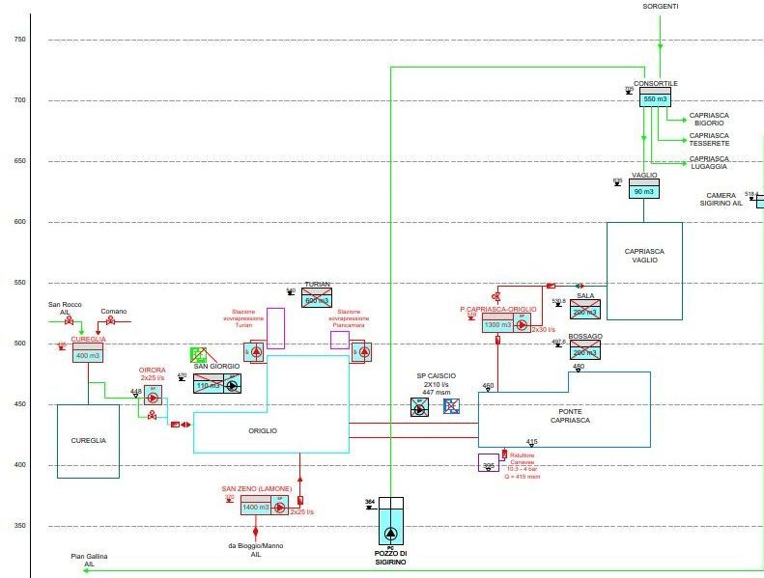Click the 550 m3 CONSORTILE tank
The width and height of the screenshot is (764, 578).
tap(656, 98)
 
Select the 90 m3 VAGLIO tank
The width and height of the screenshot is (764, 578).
tap(644, 191)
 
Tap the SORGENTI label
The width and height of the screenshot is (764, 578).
tap(661, 7)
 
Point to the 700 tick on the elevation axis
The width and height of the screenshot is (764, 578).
tap(19, 100)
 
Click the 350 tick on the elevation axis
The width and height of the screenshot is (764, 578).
tap(19, 526)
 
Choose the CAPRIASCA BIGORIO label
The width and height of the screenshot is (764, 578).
tap(709, 119)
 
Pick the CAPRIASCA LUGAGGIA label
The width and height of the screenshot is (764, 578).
tap(709, 162)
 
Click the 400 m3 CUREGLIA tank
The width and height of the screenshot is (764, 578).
tap(87, 355)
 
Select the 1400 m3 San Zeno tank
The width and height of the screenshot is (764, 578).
tap(256, 507)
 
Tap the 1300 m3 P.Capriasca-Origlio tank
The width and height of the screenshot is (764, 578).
tap(497, 325)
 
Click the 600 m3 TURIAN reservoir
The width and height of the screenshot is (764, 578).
tap(317, 299)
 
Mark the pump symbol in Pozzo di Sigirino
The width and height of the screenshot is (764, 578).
tap(391, 535)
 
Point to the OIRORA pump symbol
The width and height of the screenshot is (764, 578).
tap(152, 398)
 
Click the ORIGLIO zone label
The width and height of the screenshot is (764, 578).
tap(262, 430)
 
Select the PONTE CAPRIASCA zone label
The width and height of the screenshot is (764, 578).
tap(570, 416)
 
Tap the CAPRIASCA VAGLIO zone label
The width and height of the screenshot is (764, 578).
tap(644, 256)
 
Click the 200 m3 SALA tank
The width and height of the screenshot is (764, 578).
tap(585, 311)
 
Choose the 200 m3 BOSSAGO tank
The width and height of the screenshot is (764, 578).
tap(585, 351)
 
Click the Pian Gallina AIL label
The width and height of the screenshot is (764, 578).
tap(90, 560)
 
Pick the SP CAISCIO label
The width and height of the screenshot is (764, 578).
tap(436, 375)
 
